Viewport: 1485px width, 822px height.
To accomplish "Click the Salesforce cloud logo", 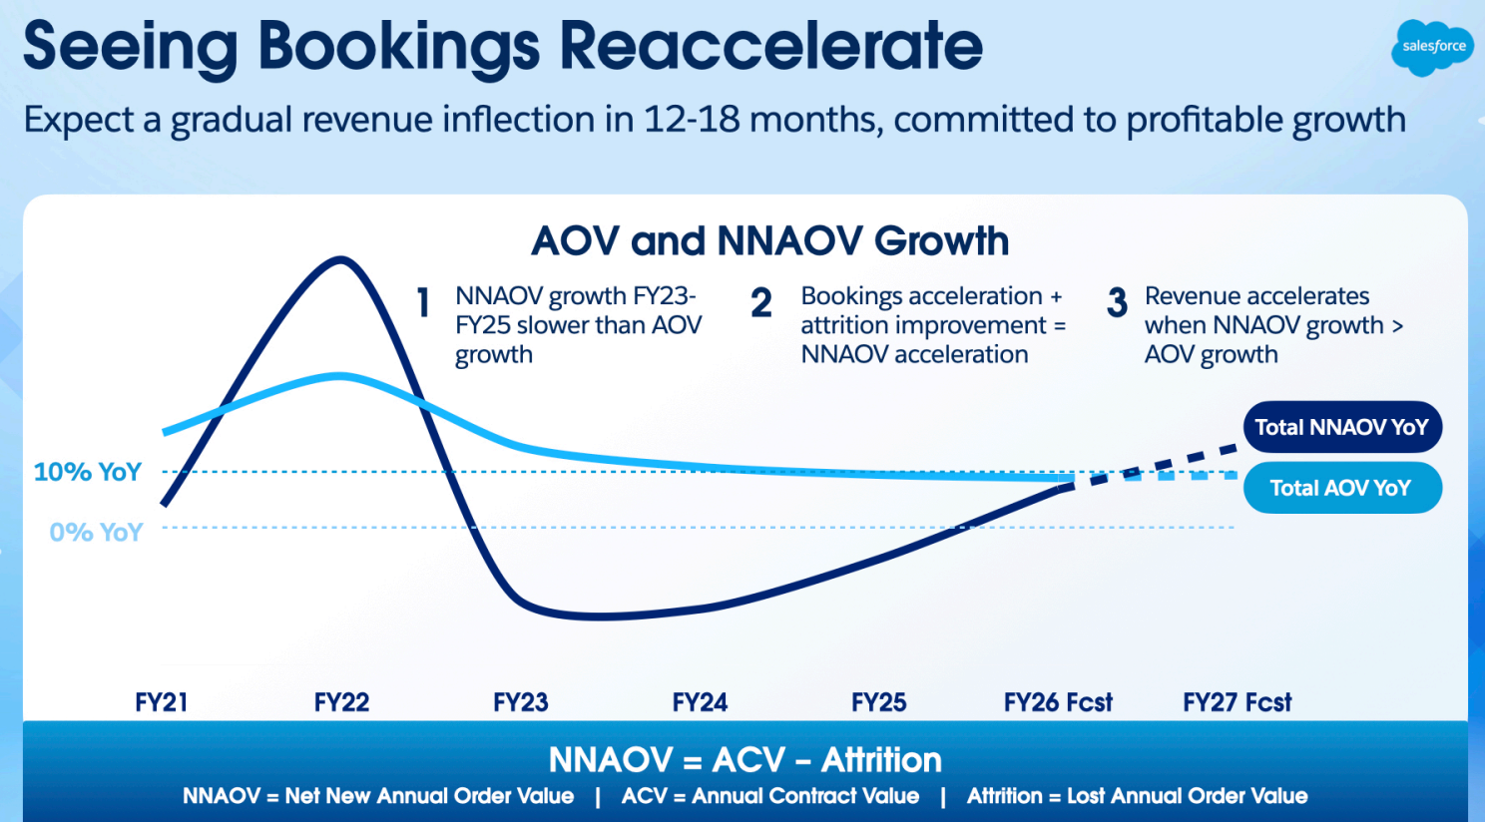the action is click(1433, 47).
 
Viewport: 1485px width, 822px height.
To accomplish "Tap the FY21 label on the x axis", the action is click(161, 702).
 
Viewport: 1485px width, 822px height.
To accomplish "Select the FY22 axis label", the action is click(341, 702).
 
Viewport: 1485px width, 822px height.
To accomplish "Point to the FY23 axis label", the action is click(520, 702).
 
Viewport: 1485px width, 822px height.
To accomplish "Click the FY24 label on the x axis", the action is click(700, 702).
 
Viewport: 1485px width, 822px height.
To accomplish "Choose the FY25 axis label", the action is click(878, 702).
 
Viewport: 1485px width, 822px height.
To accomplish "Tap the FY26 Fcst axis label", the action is click(1058, 702).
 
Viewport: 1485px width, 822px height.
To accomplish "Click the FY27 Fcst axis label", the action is click(1237, 702).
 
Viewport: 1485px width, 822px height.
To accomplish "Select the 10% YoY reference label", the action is click(88, 472).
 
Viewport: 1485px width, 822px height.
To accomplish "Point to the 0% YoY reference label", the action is click(96, 532).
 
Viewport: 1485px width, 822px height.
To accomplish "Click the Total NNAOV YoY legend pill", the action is click(1342, 427).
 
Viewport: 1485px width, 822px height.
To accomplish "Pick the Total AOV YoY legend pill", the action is click(1342, 488).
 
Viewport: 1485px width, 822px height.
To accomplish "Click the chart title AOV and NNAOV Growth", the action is click(769, 240).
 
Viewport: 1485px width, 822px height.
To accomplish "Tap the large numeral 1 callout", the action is click(423, 302).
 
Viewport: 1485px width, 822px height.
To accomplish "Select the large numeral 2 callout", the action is click(761, 302).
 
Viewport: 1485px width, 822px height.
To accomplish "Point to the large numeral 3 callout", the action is click(1117, 302).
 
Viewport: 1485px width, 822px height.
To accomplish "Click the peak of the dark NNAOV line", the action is click(340, 259).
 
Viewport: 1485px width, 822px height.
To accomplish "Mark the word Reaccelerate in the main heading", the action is click(771, 46).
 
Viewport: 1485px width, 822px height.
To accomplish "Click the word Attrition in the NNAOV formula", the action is click(881, 760).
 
